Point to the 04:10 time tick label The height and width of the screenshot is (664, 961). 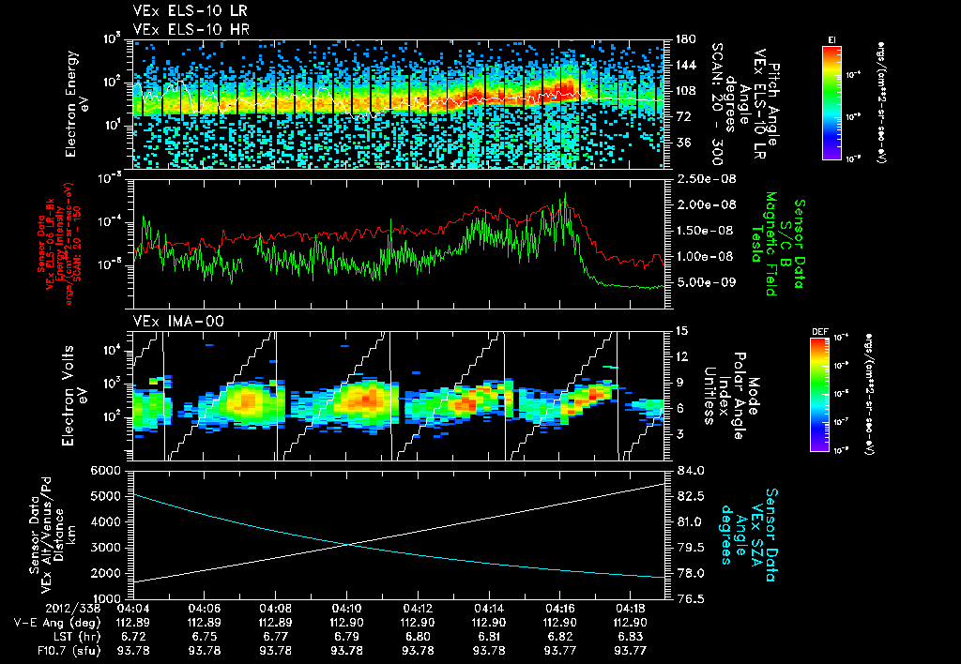pos(347,606)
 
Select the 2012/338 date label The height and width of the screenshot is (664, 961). pos(33,606)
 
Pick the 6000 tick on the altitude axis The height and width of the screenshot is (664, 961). pos(107,470)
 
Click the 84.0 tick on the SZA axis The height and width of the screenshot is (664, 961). pos(690,470)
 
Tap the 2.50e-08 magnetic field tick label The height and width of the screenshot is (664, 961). pos(703,178)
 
